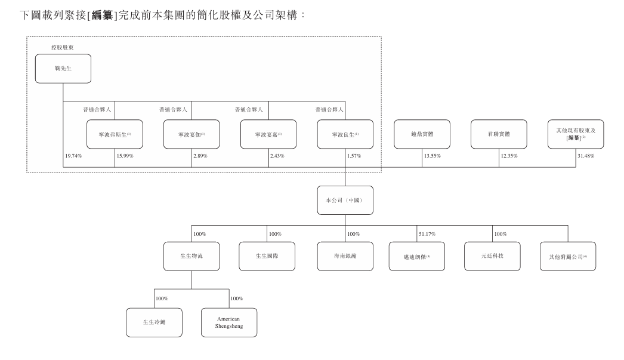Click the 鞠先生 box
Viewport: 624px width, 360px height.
[x=63, y=68]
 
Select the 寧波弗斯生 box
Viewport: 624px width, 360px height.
[x=115, y=134]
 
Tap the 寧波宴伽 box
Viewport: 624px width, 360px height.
[x=191, y=134]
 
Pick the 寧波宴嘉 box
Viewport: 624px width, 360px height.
[x=268, y=134]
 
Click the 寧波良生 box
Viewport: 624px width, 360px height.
[x=345, y=134]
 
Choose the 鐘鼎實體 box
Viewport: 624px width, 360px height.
[x=422, y=134]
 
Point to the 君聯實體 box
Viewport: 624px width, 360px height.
[x=499, y=134]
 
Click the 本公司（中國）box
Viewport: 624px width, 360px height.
[x=345, y=200]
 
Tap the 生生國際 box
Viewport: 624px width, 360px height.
[x=267, y=256]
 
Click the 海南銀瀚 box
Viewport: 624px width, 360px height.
[x=345, y=256]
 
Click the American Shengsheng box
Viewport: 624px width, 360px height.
[x=229, y=322]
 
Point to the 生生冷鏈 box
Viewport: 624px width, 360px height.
[x=154, y=322]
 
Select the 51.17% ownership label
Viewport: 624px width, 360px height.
[x=428, y=233]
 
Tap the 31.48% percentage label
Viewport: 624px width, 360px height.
[x=586, y=156]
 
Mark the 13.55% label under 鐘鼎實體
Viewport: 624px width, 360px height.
[x=432, y=156]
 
